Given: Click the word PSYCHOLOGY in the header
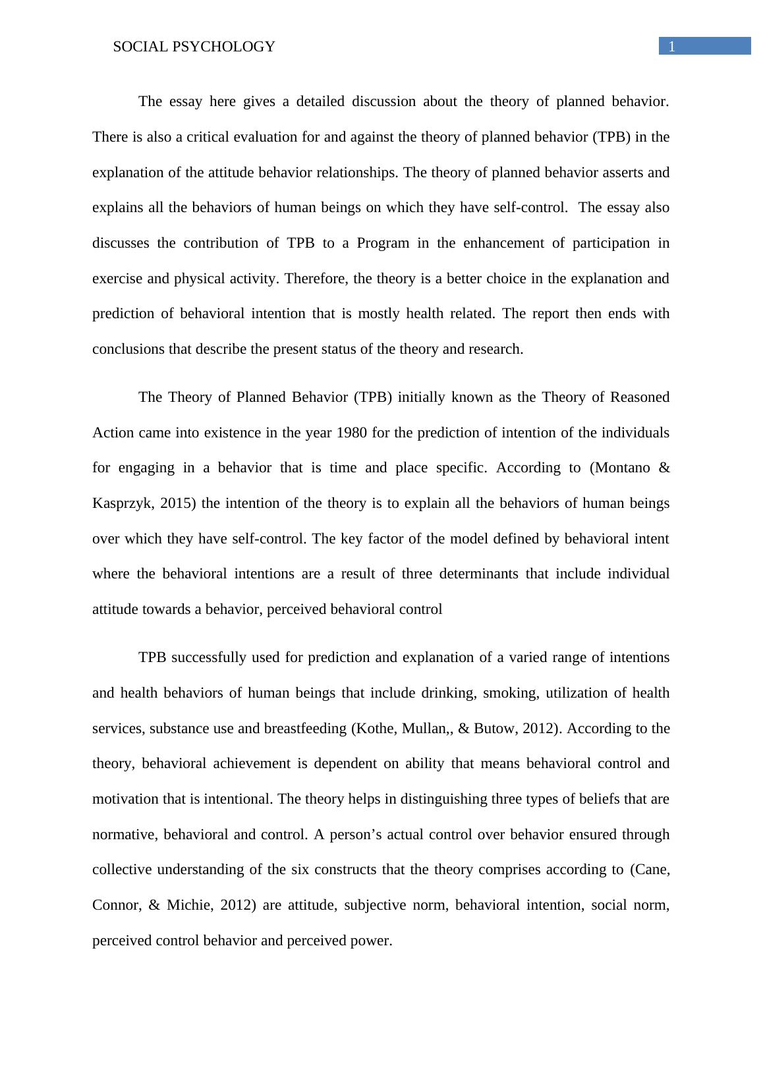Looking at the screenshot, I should pos(235,47).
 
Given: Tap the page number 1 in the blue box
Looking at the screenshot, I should pos(672,47).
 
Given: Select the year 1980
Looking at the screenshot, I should pos(352,433).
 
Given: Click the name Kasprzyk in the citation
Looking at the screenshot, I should pos(122,503).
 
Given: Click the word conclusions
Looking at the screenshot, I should pos(128,349).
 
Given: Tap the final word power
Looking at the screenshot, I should pos(372,941).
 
